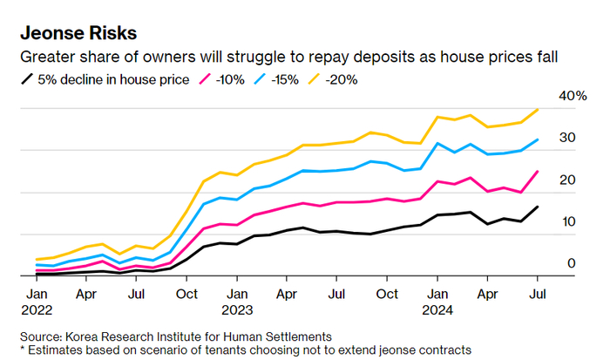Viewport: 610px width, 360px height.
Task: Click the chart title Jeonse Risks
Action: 78,34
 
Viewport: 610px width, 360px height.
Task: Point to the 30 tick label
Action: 567,138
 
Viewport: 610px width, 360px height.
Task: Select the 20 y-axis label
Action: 567,180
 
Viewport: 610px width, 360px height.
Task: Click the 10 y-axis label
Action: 567,221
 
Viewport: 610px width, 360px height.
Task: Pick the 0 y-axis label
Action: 571,263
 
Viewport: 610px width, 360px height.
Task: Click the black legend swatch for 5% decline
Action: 26,80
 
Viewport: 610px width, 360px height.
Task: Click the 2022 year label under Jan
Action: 36,309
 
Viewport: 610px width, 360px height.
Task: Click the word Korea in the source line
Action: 85,336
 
